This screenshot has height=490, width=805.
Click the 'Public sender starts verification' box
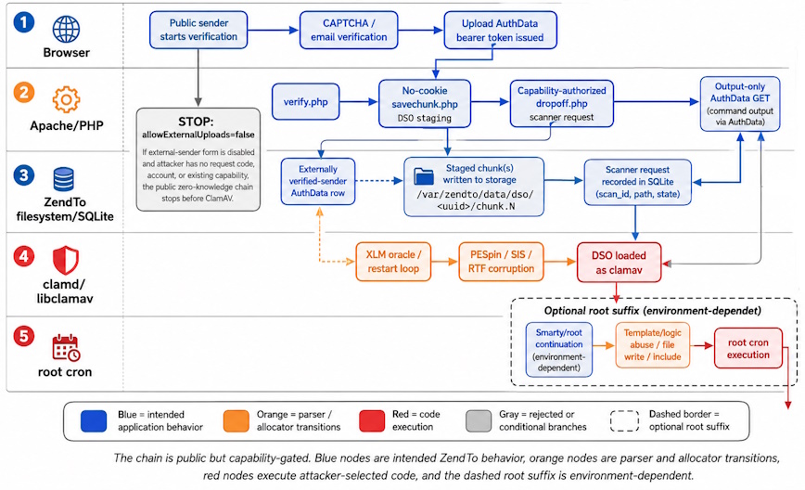(198, 31)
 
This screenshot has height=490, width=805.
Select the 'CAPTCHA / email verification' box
(349, 31)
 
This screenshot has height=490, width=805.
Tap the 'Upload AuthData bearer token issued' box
(500, 31)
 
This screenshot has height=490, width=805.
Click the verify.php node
(305, 102)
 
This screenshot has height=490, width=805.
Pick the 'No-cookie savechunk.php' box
(425, 104)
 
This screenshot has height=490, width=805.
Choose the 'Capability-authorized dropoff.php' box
(562, 103)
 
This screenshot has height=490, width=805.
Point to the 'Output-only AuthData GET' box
(740, 104)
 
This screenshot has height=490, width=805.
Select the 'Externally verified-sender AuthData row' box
(318, 181)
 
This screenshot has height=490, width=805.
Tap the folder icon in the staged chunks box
(424, 176)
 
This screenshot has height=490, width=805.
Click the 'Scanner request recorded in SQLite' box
(638, 182)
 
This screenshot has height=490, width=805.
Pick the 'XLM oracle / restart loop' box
(393, 262)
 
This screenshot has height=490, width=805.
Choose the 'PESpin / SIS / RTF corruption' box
(501, 262)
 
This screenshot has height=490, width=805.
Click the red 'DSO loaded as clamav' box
(619, 263)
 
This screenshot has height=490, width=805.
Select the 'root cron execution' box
(748, 348)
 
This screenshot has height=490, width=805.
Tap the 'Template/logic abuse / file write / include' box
(653, 344)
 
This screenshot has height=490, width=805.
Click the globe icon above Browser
(66, 29)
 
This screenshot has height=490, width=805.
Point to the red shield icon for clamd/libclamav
(66, 260)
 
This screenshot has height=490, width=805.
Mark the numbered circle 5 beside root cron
(23, 337)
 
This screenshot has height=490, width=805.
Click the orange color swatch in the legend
(236, 421)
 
